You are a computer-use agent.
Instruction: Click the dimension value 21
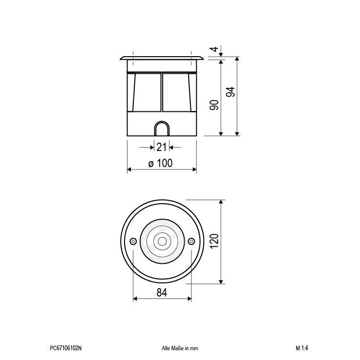pos(162,147)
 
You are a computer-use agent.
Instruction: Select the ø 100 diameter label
pos(161,164)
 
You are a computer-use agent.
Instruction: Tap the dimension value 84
pos(162,293)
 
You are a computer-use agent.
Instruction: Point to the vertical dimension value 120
pos(214,241)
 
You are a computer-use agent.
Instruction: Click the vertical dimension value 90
pos(214,105)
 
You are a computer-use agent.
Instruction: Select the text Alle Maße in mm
pos(180,348)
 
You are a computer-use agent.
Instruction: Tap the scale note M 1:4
pos(302,348)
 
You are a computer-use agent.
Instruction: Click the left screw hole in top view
pos(133,241)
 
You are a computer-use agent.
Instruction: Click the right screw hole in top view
pos(191,241)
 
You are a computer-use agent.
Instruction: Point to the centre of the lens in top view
pos(162,241)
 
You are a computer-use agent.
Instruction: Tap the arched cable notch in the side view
pos(162,129)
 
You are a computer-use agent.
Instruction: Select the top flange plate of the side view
pos(162,59)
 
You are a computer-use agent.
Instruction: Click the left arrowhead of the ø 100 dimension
pos(129,169)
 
